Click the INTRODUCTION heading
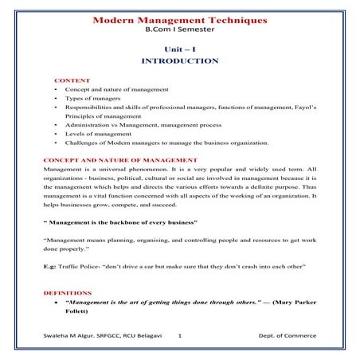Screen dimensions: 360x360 (179, 61)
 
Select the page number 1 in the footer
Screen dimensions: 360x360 (180, 337)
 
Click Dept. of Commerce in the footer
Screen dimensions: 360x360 (288, 337)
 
